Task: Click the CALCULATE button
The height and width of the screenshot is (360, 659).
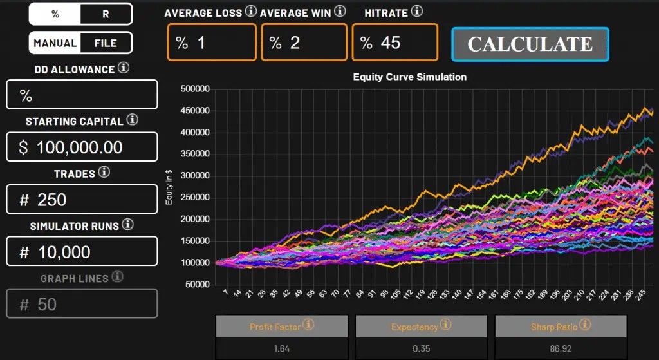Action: (x=530, y=44)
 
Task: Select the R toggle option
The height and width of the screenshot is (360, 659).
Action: (x=106, y=14)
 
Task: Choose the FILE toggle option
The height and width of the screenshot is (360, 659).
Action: (x=106, y=43)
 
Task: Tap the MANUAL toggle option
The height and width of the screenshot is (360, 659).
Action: (x=55, y=43)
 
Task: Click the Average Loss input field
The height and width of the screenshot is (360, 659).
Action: (x=212, y=43)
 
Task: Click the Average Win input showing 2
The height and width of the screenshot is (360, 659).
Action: (x=304, y=43)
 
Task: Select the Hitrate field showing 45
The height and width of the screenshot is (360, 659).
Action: (x=394, y=43)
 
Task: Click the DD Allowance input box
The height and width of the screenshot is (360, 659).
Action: (x=82, y=95)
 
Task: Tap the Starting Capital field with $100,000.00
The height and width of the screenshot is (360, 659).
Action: (x=82, y=147)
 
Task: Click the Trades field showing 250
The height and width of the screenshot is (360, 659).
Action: (x=82, y=199)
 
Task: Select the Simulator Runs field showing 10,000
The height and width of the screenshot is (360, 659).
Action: (x=82, y=251)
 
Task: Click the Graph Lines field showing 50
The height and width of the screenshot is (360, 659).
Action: (x=82, y=303)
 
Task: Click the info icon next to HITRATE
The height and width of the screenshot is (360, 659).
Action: (x=417, y=11)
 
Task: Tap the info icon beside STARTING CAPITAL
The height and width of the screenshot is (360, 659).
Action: (x=132, y=120)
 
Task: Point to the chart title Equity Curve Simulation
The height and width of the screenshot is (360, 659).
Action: (x=410, y=77)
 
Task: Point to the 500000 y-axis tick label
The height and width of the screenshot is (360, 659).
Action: (x=195, y=89)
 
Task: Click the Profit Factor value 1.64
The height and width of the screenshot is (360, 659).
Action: (x=281, y=348)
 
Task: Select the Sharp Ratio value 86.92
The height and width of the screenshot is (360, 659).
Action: (x=560, y=348)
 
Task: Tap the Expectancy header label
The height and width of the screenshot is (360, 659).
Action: (x=414, y=327)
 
